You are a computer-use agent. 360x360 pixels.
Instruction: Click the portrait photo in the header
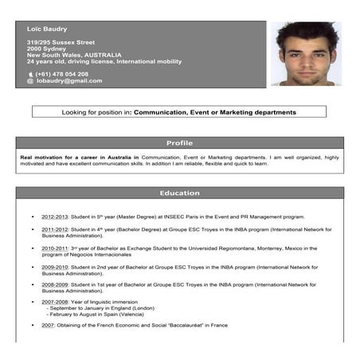tap(307, 53)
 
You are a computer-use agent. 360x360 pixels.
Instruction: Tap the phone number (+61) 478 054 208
tap(61, 74)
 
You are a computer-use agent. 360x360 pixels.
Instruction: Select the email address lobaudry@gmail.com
tap(68, 81)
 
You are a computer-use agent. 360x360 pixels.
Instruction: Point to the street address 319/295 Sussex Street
tap(61, 42)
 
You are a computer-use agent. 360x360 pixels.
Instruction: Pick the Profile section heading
tap(179, 143)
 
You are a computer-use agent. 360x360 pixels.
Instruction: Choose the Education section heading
tap(179, 194)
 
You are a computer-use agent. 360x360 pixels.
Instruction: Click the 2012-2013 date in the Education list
tap(55, 217)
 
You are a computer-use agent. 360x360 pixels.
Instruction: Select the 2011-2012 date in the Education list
tap(55, 229)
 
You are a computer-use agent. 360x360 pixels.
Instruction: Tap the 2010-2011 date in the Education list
tap(55, 248)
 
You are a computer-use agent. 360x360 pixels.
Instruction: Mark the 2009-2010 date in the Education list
tap(55, 268)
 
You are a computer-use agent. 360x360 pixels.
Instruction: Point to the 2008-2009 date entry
tap(55, 284)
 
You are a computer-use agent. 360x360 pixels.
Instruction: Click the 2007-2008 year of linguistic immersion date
tap(55, 303)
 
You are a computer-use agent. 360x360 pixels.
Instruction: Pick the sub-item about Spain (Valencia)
tap(100, 315)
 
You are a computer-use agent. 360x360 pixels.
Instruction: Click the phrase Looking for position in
tap(96, 113)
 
